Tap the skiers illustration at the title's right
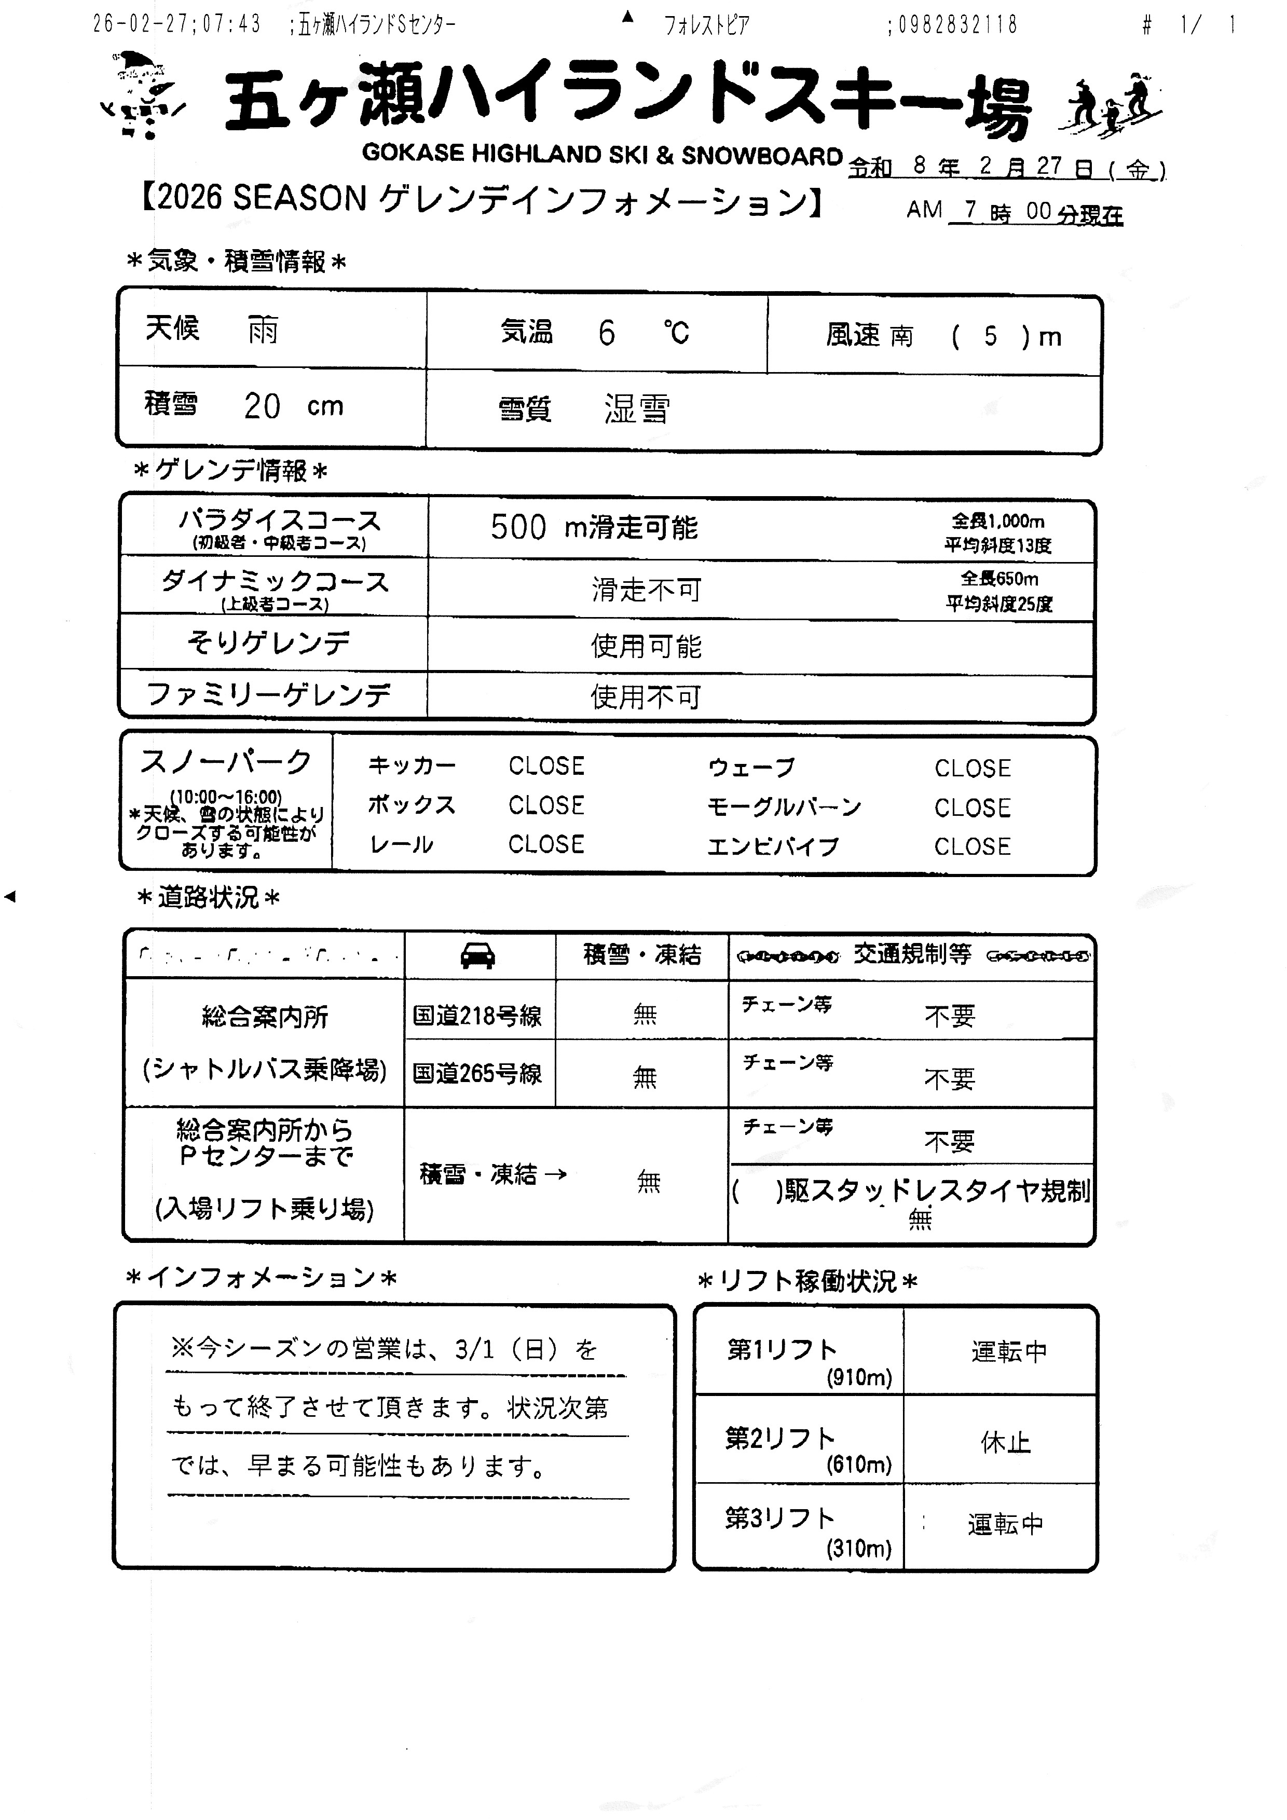click(x=1110, y=103)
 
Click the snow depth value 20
click(x=262, y=407)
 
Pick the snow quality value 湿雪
click(x=636, y=409)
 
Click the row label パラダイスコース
click(x=279, y=521)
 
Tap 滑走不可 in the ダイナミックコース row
click(x=646, y=590)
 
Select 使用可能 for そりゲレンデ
click(x=646, y=646)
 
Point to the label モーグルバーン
click(x=784, y=807)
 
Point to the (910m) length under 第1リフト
click(x=859, y=1378)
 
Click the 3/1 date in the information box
click(x=475, y=1349)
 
